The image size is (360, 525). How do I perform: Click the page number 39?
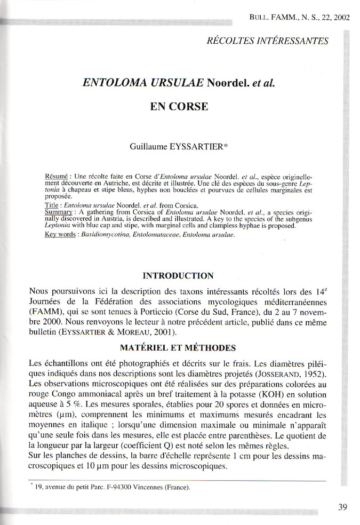point(342,507)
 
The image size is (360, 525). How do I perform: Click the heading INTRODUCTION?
point(179,276)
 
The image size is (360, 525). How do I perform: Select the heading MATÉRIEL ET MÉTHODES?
point(179,348)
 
